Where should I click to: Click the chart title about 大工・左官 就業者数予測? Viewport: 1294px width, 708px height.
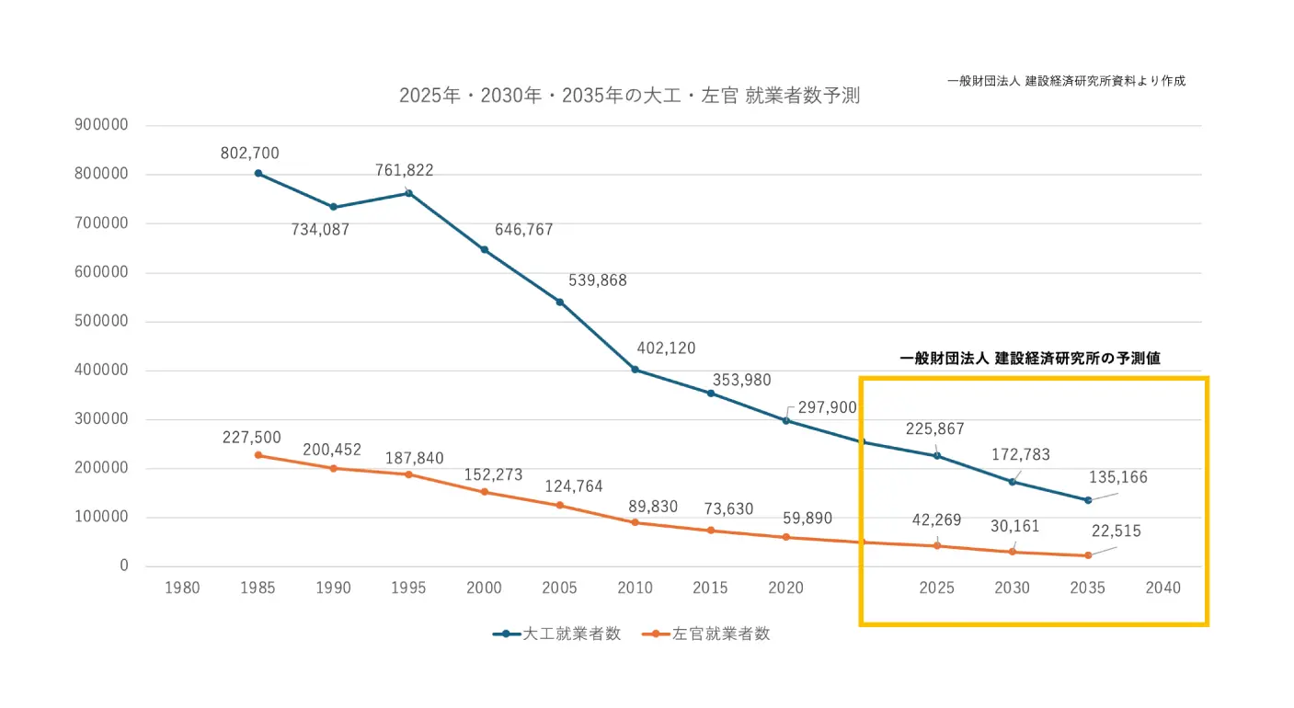[x=629, y=96]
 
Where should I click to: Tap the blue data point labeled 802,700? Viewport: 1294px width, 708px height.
[x=258, y=173]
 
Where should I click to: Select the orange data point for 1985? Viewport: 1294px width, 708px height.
[x=258, y=455]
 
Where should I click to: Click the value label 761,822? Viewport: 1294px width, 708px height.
[x=404, y=170]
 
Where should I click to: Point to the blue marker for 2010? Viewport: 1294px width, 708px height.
[x=636, y=370]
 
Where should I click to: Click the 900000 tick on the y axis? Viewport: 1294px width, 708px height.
[x=102, y=126]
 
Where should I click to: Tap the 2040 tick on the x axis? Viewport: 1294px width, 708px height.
[x=1163, y=588]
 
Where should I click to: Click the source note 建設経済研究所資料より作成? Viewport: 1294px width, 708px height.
[x=1067, y=81]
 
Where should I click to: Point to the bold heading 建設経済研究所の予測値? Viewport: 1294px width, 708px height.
[x=1030, y=359]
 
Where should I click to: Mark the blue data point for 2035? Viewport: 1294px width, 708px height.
[x=1088, y=500]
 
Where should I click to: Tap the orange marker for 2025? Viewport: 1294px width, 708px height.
[x=937, y=546]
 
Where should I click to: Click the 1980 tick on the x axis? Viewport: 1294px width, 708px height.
[x=183, y=588]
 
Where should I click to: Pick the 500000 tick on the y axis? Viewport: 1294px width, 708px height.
[x=102, y=322]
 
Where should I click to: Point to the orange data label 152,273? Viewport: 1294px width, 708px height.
[x=493, y=475]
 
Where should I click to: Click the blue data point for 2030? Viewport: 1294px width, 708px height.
[x=1013, y=482]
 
